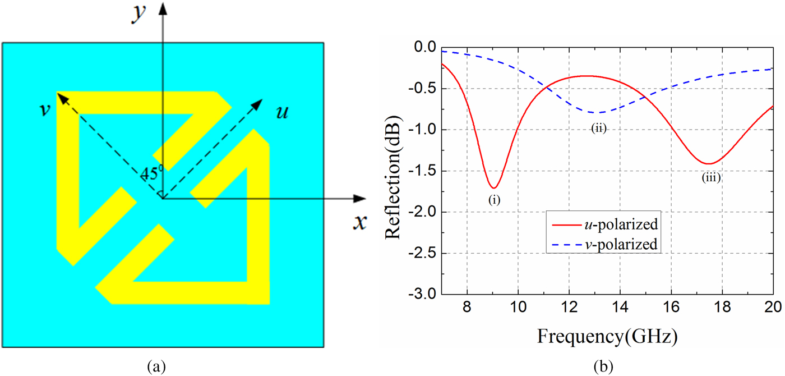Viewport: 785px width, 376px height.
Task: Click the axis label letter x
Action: tap(359, 223)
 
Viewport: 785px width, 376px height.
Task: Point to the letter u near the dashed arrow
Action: tap(283, 112)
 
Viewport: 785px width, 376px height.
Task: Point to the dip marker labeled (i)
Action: tap(493, 200)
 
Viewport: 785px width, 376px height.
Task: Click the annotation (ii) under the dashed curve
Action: tap(599, 129)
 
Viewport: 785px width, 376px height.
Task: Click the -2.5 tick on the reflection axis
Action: tap(424, 254)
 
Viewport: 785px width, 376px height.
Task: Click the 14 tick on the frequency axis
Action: tap(620, 309)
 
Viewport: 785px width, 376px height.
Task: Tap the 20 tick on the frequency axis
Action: tap(772, 309)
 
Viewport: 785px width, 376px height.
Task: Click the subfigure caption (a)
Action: tap(155, 366)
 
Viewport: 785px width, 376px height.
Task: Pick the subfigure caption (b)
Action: tap(602, 366)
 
